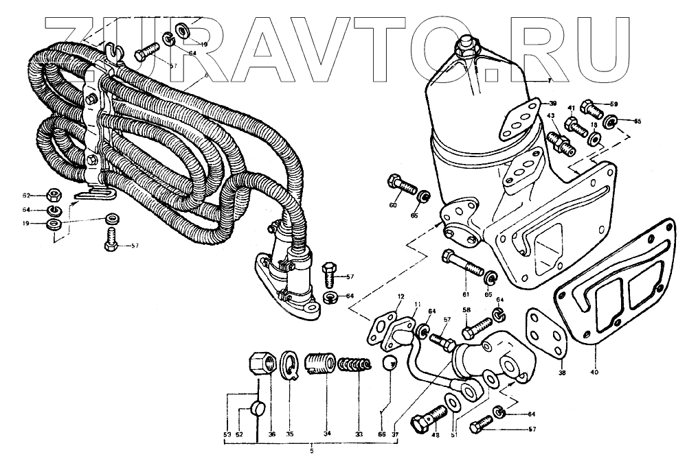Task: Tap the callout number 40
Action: (x=594, y=372)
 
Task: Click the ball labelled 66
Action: (x=390, y=363)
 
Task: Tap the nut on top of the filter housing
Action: (x=467, y=45)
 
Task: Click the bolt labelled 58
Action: (x=473, y=330)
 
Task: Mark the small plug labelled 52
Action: (x=258, y=410)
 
